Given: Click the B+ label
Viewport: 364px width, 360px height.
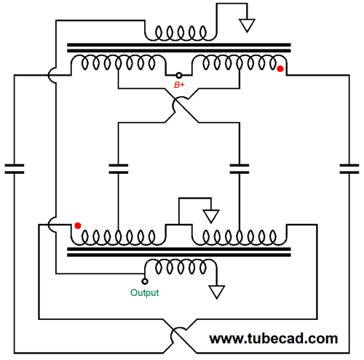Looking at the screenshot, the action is point(179,85).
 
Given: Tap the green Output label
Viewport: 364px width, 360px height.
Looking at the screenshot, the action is point(145,292).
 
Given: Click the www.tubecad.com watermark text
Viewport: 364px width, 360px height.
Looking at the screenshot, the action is point(274,338).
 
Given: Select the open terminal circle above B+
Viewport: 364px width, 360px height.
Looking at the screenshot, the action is point(179,76).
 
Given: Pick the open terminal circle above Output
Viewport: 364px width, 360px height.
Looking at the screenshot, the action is point(145,281).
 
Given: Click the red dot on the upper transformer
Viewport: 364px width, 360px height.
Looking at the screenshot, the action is point(280,69).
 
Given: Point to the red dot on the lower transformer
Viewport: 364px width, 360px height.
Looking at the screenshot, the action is point(78,225).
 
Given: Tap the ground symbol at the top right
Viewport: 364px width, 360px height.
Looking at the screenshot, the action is point(247,25).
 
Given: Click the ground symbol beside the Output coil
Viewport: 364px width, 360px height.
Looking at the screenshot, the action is point(217,292).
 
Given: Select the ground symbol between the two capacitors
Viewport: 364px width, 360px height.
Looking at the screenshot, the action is point(211,216).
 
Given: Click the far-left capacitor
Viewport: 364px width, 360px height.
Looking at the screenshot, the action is point(15,169).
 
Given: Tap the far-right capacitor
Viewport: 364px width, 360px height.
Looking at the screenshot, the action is point(349,169).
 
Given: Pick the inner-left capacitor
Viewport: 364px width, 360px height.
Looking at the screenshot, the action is point(119,169).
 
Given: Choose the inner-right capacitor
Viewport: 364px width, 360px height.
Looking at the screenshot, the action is point(240,169).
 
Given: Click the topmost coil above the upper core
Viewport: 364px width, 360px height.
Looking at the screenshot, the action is point(181,33).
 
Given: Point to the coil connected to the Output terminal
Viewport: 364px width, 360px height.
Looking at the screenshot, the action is point(181,267).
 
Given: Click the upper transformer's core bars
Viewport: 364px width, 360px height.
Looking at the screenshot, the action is point(179,48).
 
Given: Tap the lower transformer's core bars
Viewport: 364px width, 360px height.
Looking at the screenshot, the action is point(179,252).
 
